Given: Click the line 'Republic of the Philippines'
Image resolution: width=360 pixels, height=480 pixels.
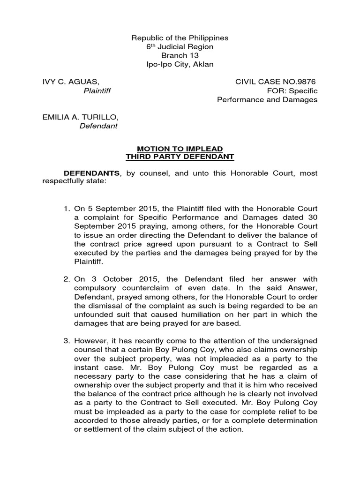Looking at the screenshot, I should [180, 38].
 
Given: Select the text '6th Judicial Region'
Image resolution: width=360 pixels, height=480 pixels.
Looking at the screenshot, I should [180, 47].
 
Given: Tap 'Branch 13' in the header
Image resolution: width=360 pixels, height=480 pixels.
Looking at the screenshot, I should [180, 55].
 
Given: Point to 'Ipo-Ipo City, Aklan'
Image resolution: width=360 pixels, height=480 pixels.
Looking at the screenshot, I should [180, 64].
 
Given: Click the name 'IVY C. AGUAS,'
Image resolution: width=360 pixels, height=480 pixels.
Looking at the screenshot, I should [71, 82].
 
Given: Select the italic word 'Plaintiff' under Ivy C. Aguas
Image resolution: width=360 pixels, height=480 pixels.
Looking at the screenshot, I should [97, 91].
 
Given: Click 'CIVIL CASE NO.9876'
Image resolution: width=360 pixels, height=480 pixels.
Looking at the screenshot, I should [276, 82].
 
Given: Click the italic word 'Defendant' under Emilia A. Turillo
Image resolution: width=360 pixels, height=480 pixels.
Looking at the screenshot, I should [98, 126].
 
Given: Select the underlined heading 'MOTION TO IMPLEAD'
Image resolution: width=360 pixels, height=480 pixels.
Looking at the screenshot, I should [180, 149].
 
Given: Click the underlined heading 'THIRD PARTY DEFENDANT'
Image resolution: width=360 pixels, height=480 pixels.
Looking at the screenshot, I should [180, 157].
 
